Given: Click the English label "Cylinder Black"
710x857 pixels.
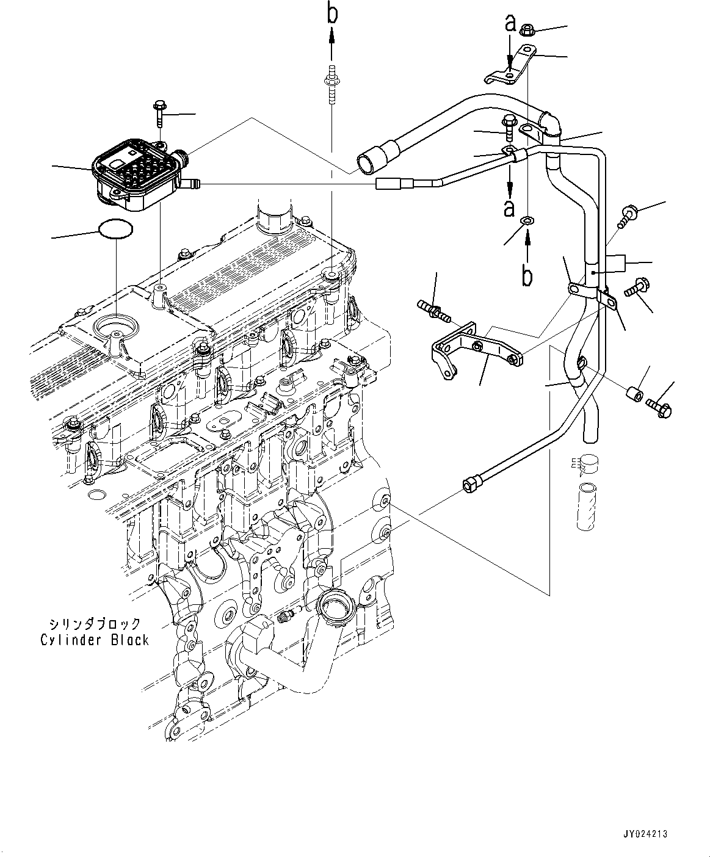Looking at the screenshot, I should pyautogui.click(x=95, y=640).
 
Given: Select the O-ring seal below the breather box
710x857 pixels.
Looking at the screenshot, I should pyautogui.click(x=115, y=230).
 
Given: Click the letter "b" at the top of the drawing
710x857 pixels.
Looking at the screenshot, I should pyautogui.click(x=332, y=13).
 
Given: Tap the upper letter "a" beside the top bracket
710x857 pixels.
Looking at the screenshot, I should pyautogui.click(x=510, y=24).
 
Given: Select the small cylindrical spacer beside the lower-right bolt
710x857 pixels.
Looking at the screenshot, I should pyautogui.click(x=635, y=394).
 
